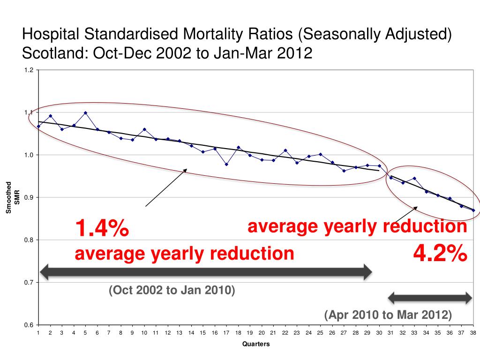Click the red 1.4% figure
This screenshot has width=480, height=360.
coord(102,229)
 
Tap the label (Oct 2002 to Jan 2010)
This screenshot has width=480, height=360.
coord(172,291)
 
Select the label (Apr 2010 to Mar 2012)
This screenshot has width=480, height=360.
coord(388,315)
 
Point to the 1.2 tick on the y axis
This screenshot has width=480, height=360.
coord(29,70)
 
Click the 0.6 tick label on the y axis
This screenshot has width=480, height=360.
coord(29,325)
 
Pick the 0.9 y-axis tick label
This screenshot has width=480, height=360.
coord(29,197)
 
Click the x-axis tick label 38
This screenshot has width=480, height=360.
coord(473,333)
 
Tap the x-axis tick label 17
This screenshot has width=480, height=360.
coord(226,333)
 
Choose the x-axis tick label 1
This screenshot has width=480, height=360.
coord(38,333)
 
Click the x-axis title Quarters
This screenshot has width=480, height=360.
coord(255,344)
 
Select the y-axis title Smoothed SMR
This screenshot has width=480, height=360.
coord(12,197)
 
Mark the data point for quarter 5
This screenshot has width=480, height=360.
coord(85,112)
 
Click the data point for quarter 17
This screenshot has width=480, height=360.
coord(226,165)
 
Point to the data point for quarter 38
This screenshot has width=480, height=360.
coord(473,210)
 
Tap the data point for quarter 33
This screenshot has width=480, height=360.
coord(414,179)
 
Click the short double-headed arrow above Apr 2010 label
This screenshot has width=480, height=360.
coord(430,297)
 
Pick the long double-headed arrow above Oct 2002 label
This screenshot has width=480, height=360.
coord(206,271)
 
